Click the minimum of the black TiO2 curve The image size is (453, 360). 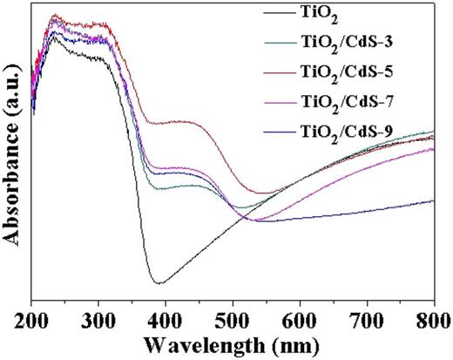pyautogui.click(x=159, y=282)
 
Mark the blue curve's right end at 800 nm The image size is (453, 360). pyautogui.click(x=434, y=200)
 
